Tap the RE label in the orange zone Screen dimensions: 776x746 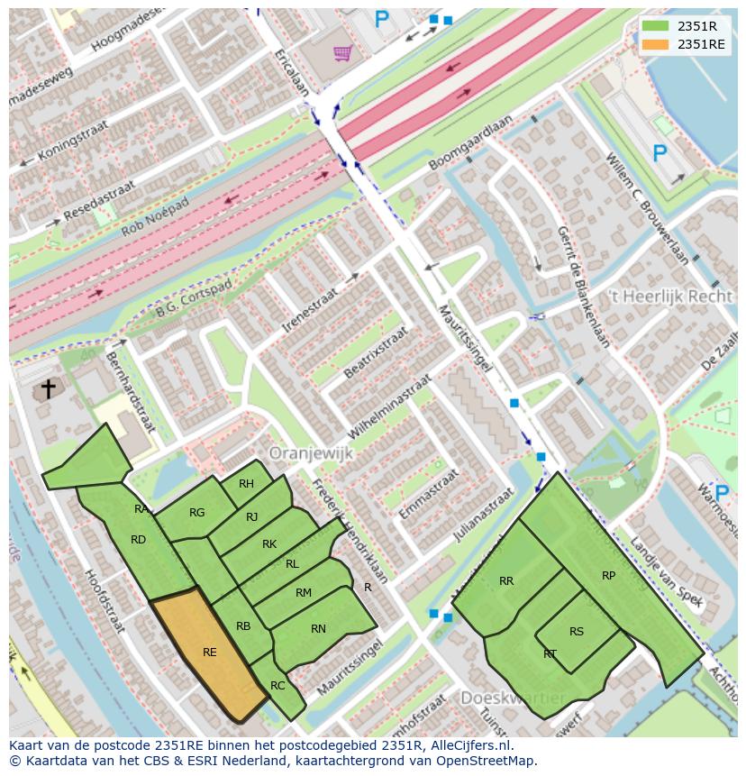click(x=209, y=653)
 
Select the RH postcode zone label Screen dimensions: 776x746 click(x=246, y=484)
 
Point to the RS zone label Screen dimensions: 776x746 click(x=577, y=632)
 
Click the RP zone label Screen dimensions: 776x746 click(x=609, y=576)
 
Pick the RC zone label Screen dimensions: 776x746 click(x=277, y=686)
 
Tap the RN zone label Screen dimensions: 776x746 click(x=318, y=629)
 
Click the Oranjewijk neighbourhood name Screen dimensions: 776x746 click(x=311, y=454)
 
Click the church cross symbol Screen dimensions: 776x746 click(x=48, y=389)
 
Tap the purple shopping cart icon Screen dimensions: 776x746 click(x=341, y=53)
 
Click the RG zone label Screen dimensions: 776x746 click(x=196, y=513)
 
